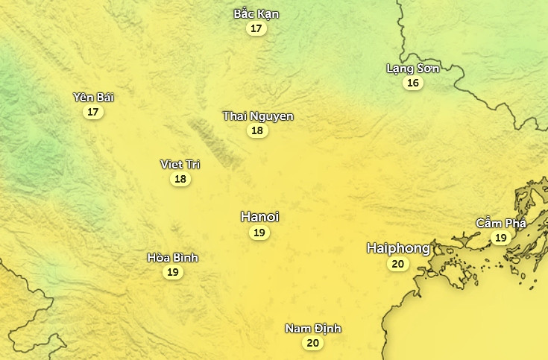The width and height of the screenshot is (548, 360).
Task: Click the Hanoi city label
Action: (259, 216)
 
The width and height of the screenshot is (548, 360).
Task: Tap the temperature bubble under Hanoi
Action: (259, 233)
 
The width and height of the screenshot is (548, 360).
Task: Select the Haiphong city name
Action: (398, 247)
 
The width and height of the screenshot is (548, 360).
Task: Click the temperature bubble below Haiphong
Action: (398, 264)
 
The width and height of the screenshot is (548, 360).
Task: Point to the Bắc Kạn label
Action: (256, 13)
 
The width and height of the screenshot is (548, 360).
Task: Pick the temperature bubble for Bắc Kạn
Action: (256, 29)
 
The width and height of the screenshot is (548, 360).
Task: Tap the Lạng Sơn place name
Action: (413, 68)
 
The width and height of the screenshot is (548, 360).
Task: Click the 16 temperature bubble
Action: (413, 83)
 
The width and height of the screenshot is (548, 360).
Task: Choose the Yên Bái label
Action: (93, 97)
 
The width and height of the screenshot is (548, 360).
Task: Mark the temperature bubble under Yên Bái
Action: (93, 112)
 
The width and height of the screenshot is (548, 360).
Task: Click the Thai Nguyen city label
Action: (258, 116)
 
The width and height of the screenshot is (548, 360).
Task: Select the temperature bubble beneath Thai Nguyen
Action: (258, 130)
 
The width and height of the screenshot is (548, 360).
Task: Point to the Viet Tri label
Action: (180, 164)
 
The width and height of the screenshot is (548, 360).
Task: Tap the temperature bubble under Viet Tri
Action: (180, 179)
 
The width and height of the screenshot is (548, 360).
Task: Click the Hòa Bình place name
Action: (172, 257)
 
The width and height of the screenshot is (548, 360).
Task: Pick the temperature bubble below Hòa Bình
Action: (172, 272)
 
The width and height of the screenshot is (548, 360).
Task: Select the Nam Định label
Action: (313, 328)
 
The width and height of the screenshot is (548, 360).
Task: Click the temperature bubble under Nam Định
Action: (313, 343)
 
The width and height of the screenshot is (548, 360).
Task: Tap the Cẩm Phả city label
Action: (501, 223)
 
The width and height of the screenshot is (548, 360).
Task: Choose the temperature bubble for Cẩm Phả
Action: (500, 238)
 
